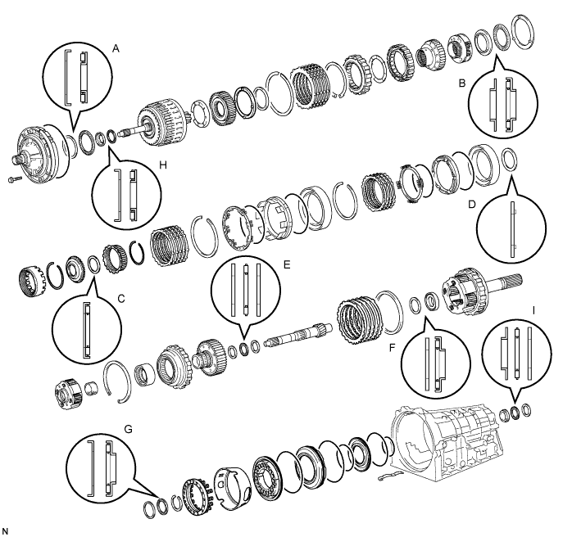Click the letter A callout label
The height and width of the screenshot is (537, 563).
116,48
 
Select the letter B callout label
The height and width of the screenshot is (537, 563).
462,83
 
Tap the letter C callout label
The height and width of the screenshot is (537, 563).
121,299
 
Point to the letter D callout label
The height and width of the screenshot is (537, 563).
471,205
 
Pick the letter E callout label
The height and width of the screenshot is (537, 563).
287,264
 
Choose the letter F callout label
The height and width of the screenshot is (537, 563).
392,348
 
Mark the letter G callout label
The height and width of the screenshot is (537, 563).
128,429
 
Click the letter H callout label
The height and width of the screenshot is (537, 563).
163,165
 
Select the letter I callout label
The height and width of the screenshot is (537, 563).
533,310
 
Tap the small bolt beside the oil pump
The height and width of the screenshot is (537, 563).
15,178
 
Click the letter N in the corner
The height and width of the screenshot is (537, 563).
5,531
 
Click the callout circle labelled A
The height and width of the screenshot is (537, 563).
77,79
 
